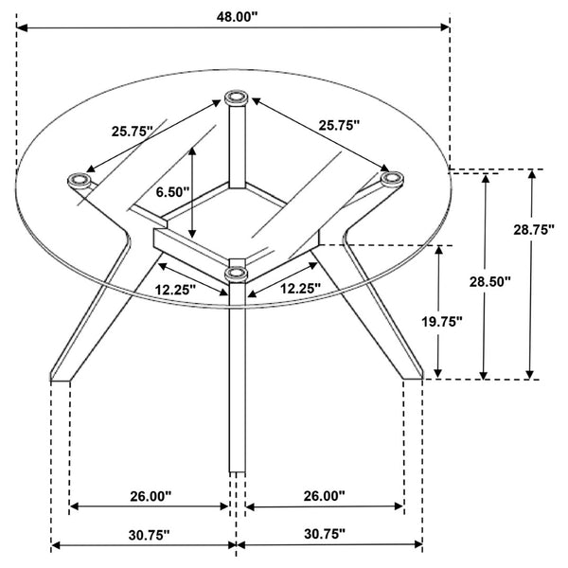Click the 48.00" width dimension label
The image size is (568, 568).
pyautogui.click(x=237, y=17)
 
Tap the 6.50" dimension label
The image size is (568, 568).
pyautogui.click(x=173, y=192)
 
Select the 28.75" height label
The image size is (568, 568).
pyautogui.click(x=534, y=230)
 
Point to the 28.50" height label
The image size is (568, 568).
pyautogui.click(x=490, y=281)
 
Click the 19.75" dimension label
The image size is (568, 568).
pyautogui.click(x=442, y=321)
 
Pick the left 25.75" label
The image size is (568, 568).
pyautogui.click(x=133, y=132)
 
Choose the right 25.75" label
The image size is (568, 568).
pyautogui.click(x=339, y=125)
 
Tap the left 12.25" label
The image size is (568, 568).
pyautogui.click(x=176, y=290)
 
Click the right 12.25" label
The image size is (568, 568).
pyautogui.click(x=301, y=289)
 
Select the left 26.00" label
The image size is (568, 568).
pyautogui.click(x=151, y=496)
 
